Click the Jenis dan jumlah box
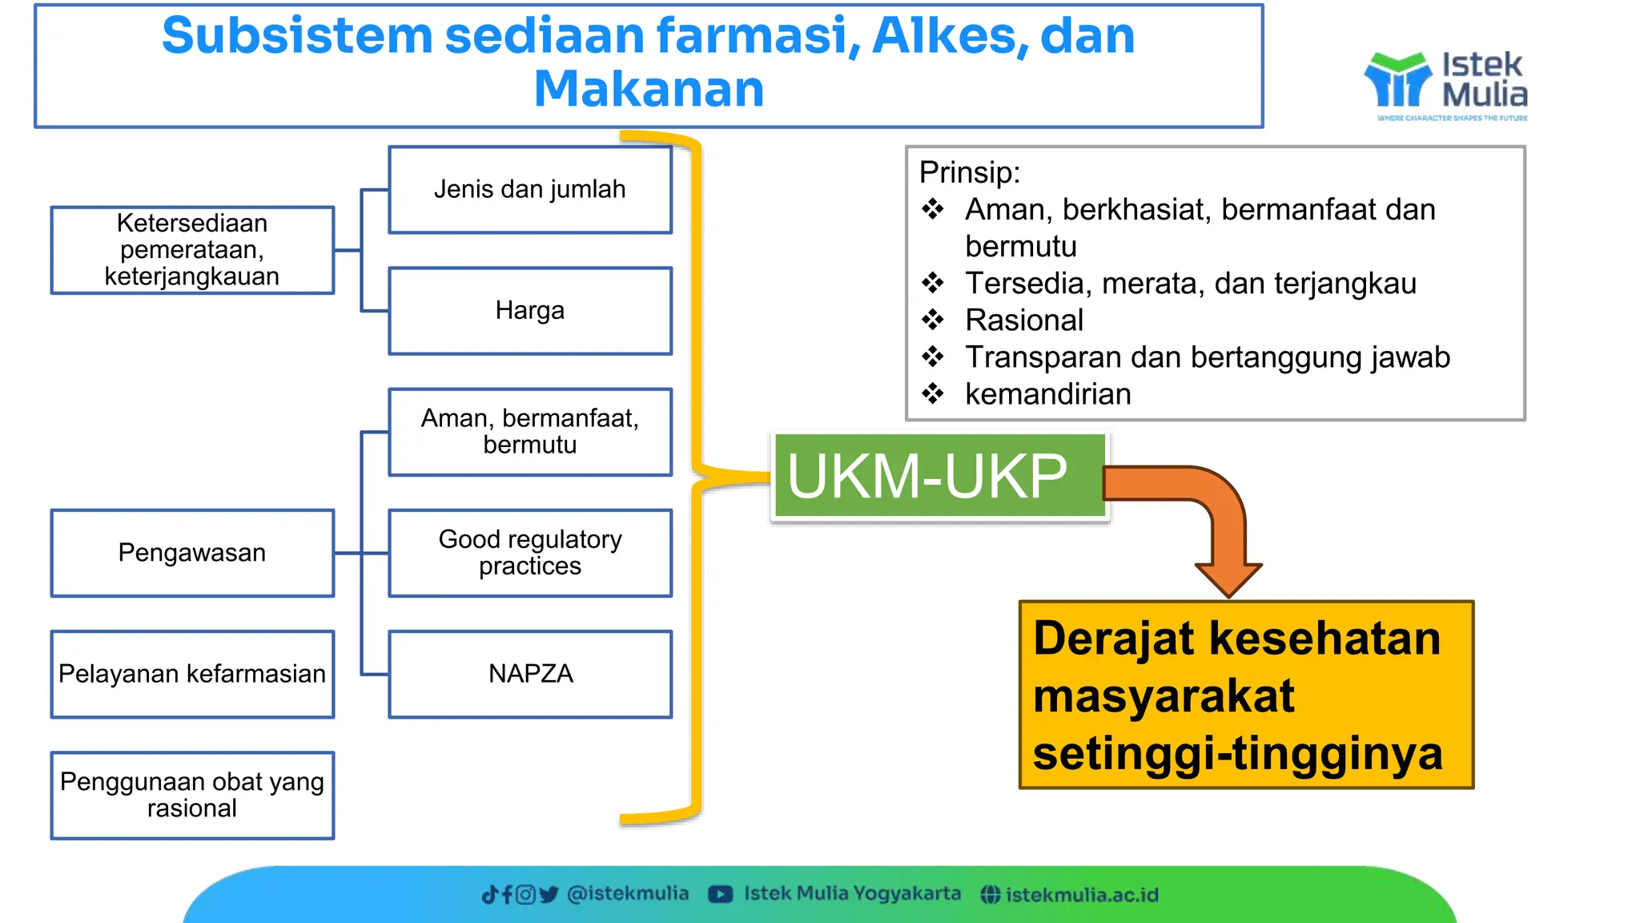click(529, 190)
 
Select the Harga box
click(529, 311)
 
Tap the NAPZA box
click(529, 674)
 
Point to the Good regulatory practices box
click(529, 553)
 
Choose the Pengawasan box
click(192, 553)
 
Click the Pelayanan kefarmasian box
click(192, 674)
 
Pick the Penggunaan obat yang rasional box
click(192, 795)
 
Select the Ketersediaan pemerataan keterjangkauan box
click(192, 250)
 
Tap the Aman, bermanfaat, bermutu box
click(529, 432)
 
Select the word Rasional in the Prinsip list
click(1023, 320)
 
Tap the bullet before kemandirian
click(932, 394)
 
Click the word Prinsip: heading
click(969, 172)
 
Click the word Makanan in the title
click(649, 89)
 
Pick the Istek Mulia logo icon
click(1397, 80)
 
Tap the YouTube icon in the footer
click(720, 894)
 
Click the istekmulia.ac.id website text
click(1081, 895)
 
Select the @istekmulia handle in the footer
click(627, 893)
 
